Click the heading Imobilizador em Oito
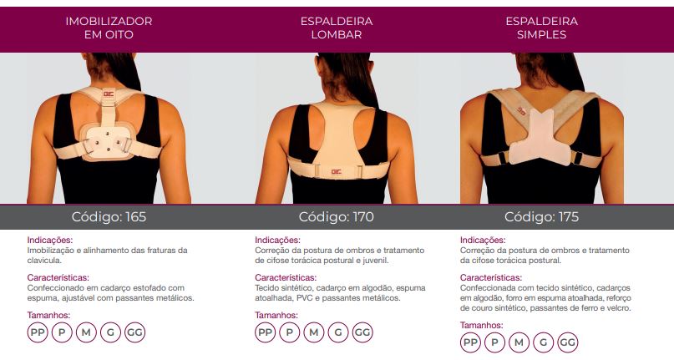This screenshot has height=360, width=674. [x=109, y=28]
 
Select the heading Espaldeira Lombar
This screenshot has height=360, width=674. [x=337, y=28]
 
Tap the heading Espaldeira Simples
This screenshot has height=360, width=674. [x=541, y=28]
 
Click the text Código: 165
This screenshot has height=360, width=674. [x=109, y=217]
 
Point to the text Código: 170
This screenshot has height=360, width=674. [x=336, y=217]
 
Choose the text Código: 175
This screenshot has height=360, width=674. [x=541, y=217]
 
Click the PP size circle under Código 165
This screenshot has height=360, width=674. [x=38, y=332]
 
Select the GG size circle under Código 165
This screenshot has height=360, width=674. [x=135, y=332]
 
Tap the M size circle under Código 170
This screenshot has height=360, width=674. [x=314, y=332]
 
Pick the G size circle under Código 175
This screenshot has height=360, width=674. [x=544, y=342]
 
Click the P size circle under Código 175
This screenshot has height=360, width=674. [x=494, y=342]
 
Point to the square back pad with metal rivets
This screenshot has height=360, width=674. [x=108, y=143]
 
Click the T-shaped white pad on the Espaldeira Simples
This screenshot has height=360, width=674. [x=540, y=138]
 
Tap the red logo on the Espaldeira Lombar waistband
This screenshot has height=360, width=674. [x=336, y=172]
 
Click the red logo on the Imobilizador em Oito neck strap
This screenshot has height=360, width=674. [x=109, y=93]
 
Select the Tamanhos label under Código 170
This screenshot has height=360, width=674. [x=276, y=315]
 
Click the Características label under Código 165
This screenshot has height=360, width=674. [x=58, y=278]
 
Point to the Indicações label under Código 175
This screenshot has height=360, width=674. [x=483, y=240]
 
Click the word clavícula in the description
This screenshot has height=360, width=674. [x=44, y=261]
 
